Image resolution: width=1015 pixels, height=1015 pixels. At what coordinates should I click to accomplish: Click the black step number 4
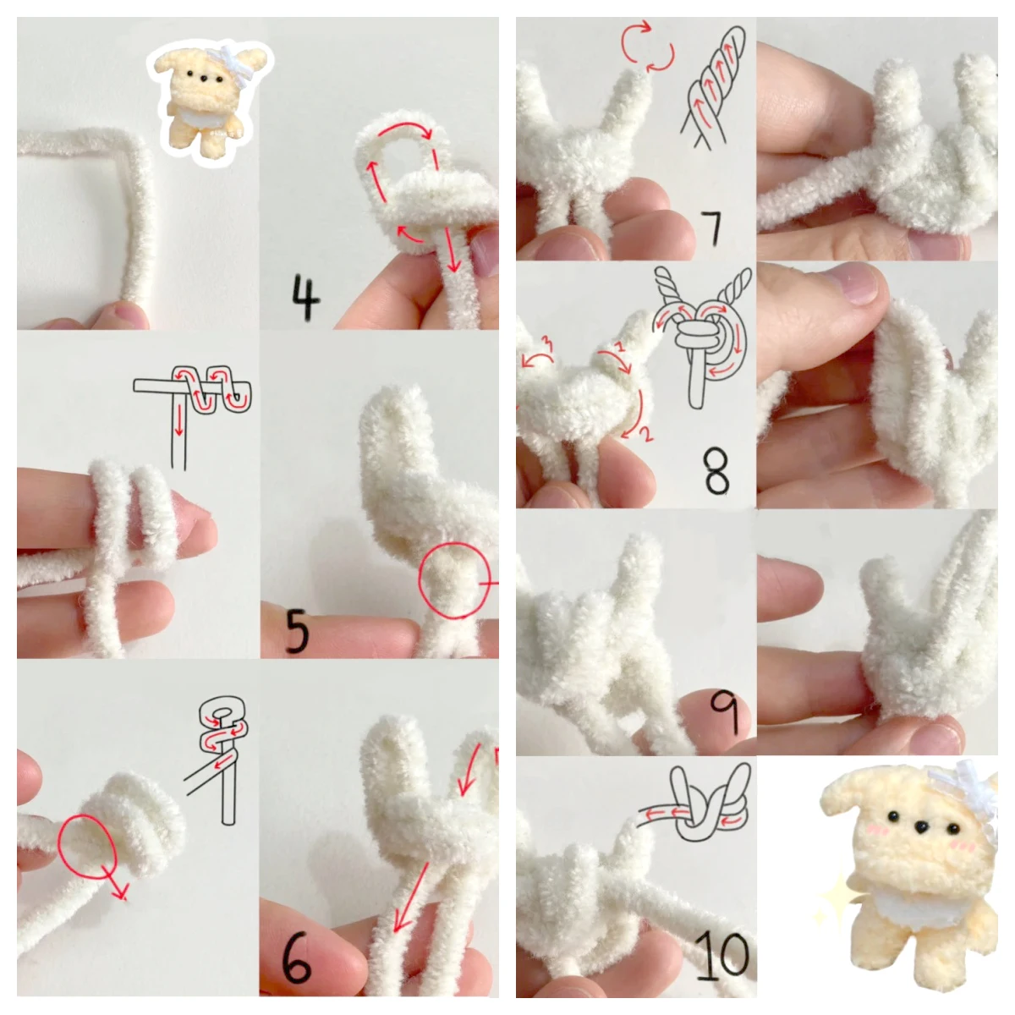305,297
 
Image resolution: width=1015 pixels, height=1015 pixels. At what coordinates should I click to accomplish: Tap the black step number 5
297,631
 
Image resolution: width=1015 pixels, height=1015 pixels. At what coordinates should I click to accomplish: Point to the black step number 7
711,228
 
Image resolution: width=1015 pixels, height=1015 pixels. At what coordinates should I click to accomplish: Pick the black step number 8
717,471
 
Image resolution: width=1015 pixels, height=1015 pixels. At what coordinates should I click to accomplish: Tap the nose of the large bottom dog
921,828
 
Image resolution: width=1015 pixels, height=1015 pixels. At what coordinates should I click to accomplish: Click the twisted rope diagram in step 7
714,87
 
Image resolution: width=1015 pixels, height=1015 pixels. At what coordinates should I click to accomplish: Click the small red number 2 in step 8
645,435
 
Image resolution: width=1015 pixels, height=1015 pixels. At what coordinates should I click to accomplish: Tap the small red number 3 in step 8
547,345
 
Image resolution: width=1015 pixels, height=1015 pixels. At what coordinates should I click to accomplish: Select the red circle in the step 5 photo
454,580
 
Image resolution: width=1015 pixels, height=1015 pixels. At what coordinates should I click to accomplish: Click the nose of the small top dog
203,79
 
